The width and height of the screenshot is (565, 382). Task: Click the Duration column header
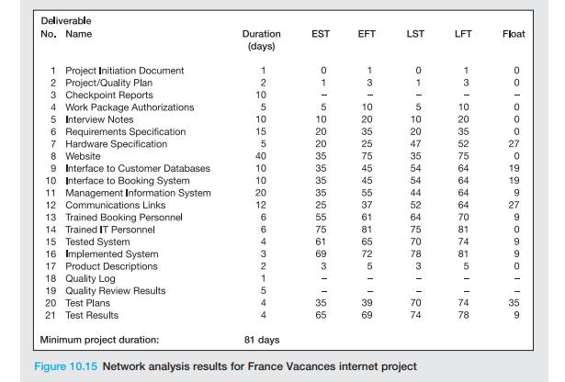[x=262, y=34]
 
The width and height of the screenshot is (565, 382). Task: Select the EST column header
[x=321, y=34]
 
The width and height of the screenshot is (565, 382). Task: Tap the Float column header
[x=514, y=34]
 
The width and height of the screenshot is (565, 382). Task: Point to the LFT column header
[x=464, y=34]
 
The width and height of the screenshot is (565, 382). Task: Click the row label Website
[x=85, y=156]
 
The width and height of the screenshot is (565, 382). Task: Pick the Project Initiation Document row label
[x=124, y=71]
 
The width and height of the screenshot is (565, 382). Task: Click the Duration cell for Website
[x=262, y=156]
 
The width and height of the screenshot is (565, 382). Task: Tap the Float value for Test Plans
[x=516, y=303]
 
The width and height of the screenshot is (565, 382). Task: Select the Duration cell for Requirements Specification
[x=262, y=131]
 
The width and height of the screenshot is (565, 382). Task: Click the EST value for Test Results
[x=322, y=315]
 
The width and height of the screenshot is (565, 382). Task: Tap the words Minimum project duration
[x=99, y=340]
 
